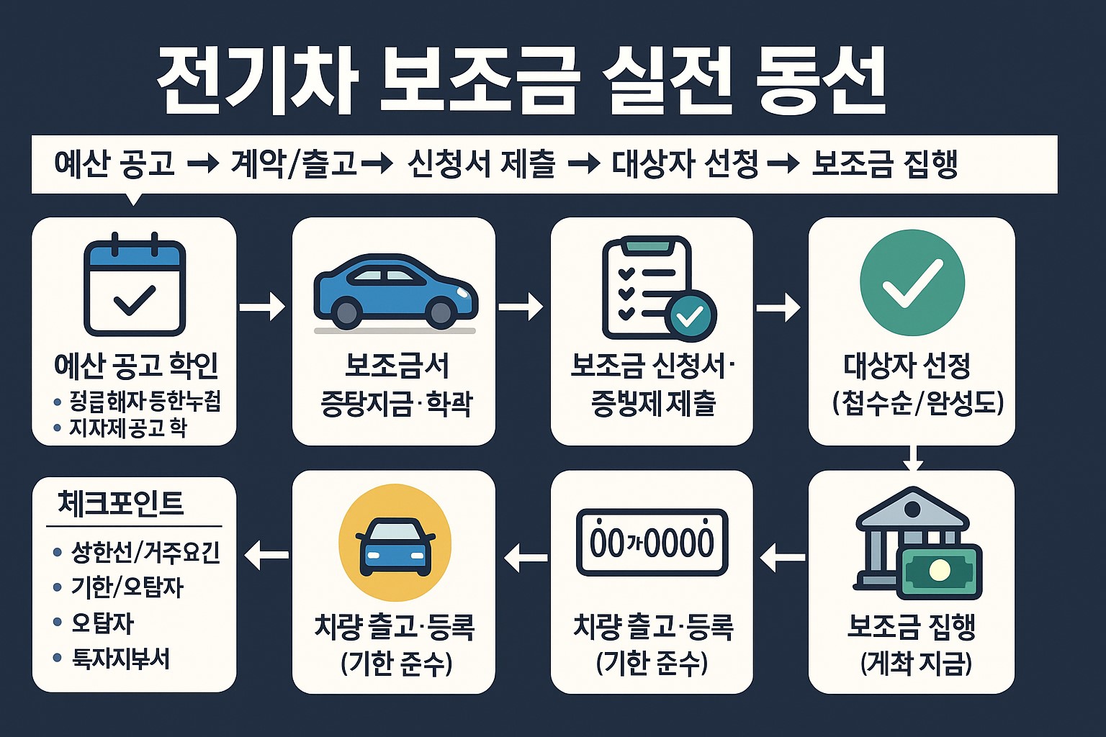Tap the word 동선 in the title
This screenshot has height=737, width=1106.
click(x=821, y=81)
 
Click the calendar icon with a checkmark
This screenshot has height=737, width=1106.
click(x=135, y=285)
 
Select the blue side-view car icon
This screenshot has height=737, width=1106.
click(x=395, y=289)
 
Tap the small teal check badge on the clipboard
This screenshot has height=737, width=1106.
click(x=691, y=315)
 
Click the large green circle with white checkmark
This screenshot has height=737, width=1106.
click(x=912, y=283)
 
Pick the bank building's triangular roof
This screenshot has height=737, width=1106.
click(x=912, y=507)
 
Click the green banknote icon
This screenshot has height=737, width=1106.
click(x=940, y=571)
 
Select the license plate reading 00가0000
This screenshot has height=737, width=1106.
click(x=652, y=543)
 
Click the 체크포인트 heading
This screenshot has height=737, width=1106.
click(x=120, y=503)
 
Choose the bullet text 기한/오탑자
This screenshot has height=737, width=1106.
click(x=127, y=587)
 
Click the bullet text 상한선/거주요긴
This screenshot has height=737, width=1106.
click(x=145, y=553)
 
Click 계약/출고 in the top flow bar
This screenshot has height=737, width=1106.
click(x=294, y=164)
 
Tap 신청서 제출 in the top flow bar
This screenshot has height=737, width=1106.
click(x=481, y=164)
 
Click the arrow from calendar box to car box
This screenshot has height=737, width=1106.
click(x=263, y=307)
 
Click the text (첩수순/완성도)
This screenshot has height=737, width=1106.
click(x=917, y=403)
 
